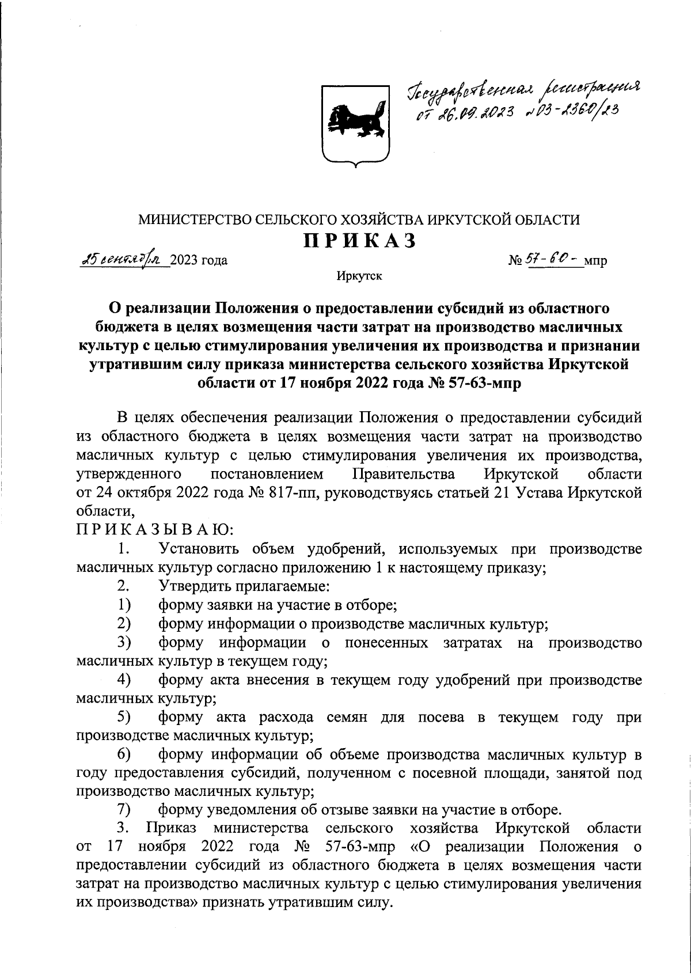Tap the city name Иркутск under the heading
(360, 277)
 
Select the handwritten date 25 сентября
(123, 259)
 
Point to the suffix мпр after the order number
(595, 261)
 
